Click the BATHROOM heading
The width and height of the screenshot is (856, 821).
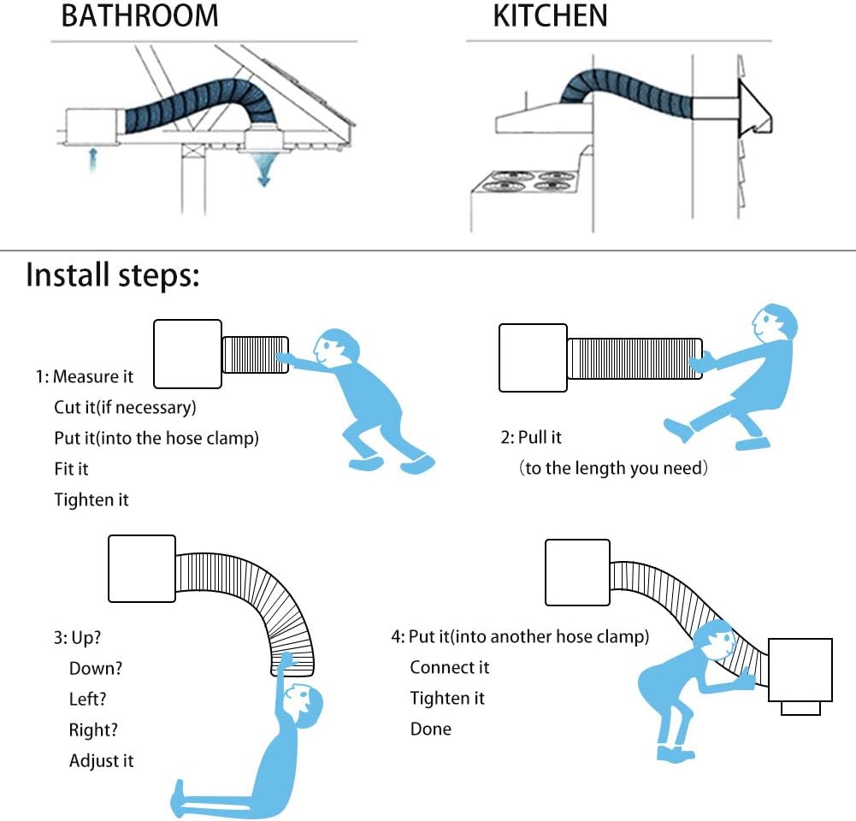click(139, 16)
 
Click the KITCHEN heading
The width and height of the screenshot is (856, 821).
click(551, 16)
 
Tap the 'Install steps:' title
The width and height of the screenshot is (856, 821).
click(113, 275)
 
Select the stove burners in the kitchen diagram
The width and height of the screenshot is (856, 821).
click(524, 181)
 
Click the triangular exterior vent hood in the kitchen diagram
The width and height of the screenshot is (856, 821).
click(754, 109)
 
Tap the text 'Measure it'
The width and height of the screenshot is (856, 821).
click(93, 376)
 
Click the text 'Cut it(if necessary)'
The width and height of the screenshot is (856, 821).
click(125, 407)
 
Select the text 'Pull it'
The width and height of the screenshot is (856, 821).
click(540, 437)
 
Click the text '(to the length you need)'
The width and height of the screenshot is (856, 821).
click(613, 469)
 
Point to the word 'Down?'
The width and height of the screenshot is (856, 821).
click(96, 668)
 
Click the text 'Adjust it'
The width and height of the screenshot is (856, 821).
click(102, 761)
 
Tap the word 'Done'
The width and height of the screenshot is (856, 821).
click(431, 729)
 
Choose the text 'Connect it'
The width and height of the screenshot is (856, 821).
click(450, 668)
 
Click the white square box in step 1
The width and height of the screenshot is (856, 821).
click(188, 354)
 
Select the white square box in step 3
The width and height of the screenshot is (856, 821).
click(142, 569)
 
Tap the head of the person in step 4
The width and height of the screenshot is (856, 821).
click(717, 641)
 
